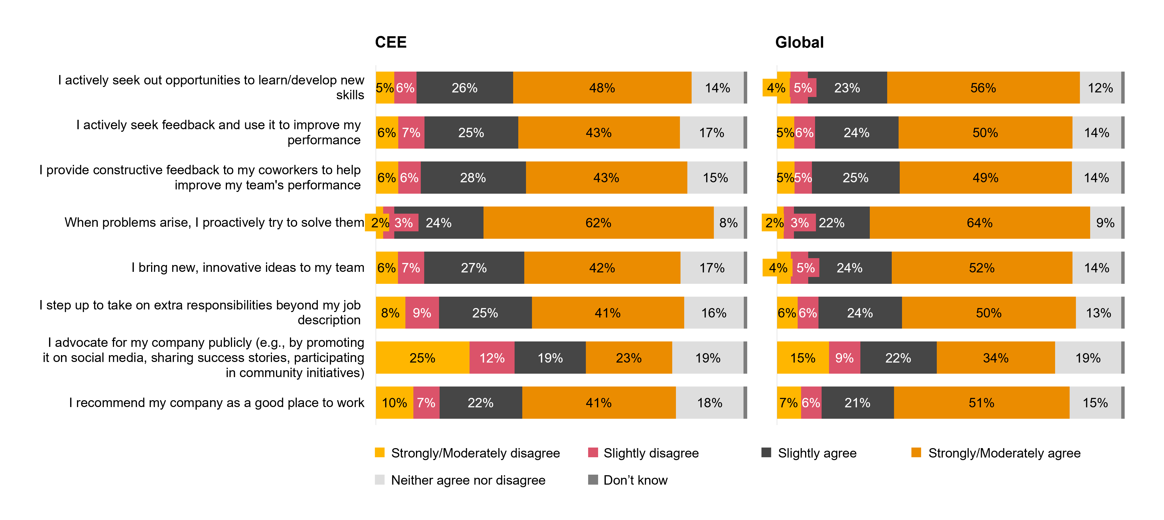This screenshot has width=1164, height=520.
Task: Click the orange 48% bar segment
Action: [602, 88]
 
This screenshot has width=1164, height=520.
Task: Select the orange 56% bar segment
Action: [983, 88]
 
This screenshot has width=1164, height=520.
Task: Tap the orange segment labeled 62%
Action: [598, 222]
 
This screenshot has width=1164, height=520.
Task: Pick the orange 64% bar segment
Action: [980, 222]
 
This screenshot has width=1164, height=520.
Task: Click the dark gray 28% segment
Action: [473, 178]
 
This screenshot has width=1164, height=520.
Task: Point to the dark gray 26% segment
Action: [464, 88]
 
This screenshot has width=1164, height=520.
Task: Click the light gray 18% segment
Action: [709, 402]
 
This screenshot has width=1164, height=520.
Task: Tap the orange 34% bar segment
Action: [996, 358]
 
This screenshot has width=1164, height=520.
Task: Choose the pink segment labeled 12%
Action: [491, 358]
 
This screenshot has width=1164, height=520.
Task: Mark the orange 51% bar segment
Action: [982, 402]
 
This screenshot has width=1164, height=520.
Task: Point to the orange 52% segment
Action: [982, 268]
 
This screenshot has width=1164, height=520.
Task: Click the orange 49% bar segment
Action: [985, 178]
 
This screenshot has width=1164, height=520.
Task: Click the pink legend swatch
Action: [593, 452]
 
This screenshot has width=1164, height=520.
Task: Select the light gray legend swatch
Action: [379, 479]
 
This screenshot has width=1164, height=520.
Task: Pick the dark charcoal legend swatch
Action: [766, 452]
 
